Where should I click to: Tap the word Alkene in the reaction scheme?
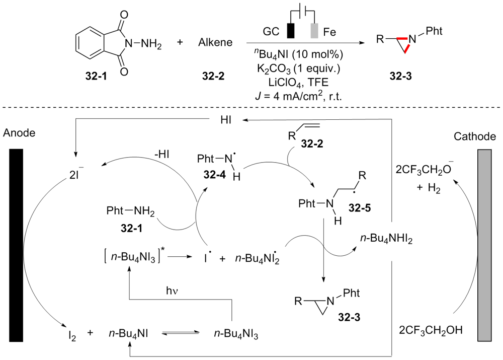point(216,43)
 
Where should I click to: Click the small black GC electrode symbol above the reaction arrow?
point(291,31)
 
